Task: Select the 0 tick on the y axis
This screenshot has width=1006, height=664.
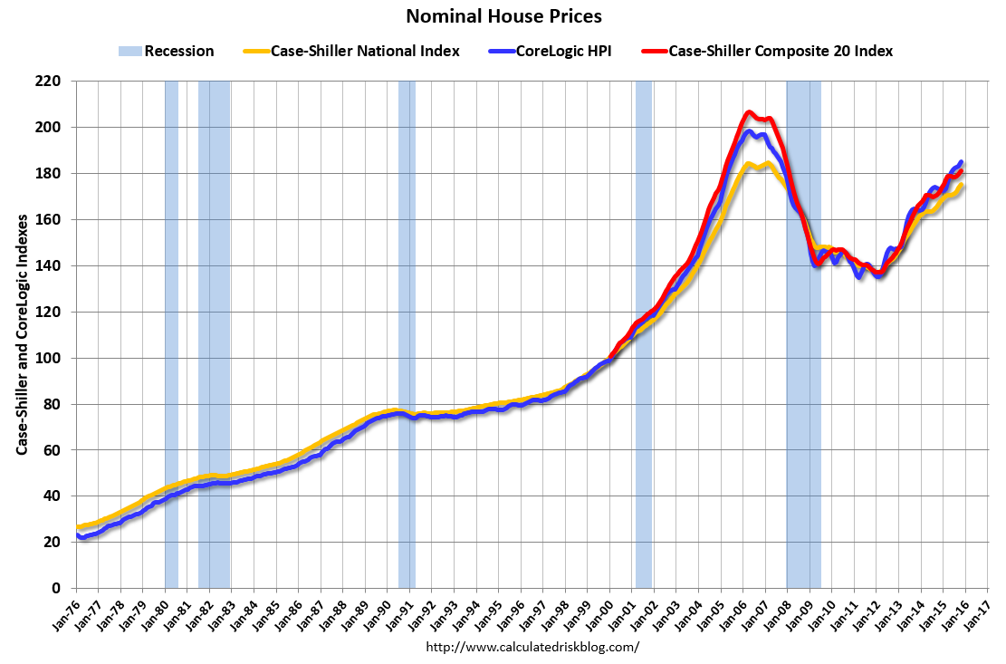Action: click(56, 588)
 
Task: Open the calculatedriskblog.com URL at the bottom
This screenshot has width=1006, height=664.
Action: click(532, 647)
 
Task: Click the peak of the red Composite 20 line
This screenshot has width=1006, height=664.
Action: click(749, 112)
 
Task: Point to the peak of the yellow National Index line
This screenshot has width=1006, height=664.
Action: click(749, 164)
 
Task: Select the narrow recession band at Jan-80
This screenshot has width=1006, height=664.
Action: click(171, 335)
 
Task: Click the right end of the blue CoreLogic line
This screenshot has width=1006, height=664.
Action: click(961, 162)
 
